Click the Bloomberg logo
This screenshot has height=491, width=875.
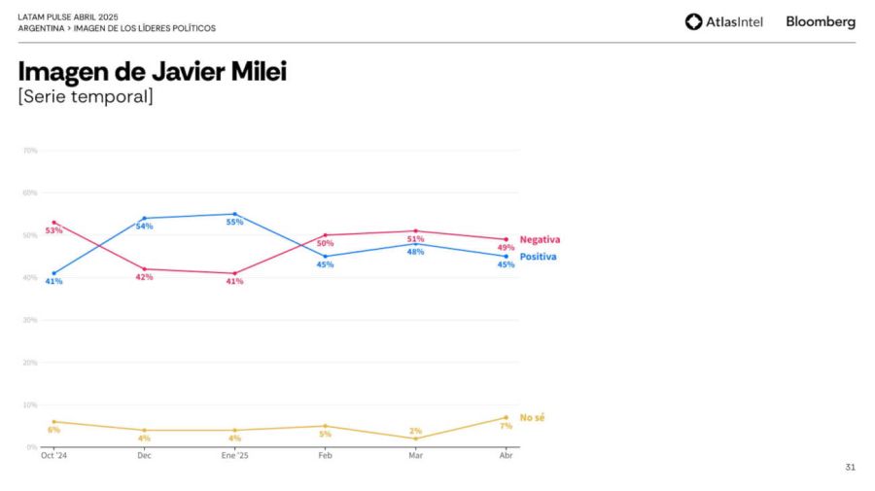tap(821, 21)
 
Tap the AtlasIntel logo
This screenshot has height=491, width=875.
tap(724, 21)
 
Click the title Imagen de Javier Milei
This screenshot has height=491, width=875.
tap(153, 71)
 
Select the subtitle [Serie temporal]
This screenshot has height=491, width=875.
tap(86, 96)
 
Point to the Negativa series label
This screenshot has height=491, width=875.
tap(540, 239)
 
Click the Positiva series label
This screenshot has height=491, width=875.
tap(538, 257)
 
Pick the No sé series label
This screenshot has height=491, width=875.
tap(532, 417)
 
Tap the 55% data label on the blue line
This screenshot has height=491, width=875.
tap(234, 222)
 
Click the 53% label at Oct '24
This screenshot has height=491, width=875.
tap(53, 230)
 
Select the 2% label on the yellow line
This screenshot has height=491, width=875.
tap(415, 431)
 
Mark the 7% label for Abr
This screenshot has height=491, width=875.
tap(506, 426)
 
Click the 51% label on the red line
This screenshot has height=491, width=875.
tap(415, 239)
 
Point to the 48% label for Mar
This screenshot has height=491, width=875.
tap(415, 252)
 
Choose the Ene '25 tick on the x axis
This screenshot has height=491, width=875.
tap(234, 455)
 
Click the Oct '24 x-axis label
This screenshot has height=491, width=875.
tap(53, 455)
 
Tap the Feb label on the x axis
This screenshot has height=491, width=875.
tap(325, 455)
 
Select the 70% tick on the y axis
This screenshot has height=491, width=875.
tap(30, 151)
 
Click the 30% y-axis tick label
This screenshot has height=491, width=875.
tap(30, 320)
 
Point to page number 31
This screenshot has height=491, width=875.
tap(851, 467)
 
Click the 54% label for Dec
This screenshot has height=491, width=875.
tap(144, 227)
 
